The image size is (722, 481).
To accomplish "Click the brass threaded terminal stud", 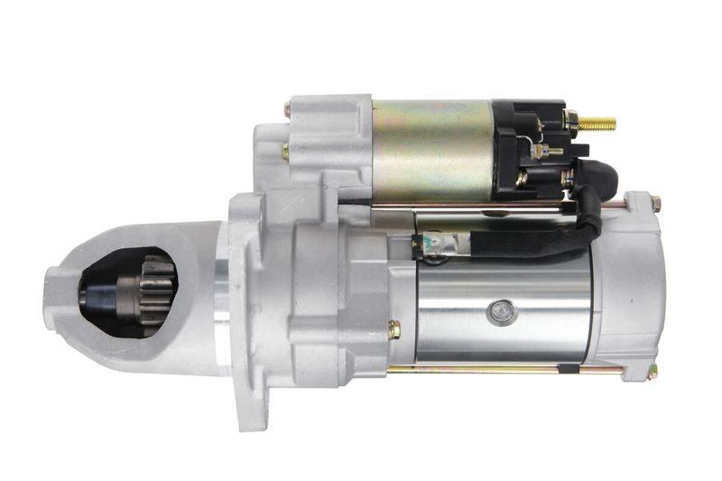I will click(x=597, y=124).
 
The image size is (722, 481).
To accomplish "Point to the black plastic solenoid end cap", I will click(x=528, y=149).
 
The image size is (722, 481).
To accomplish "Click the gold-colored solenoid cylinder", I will click(x=431, y=150).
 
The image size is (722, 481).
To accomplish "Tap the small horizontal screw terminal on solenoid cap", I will click(x=547, y=152).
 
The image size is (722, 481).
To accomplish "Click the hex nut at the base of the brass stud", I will click(x=571, y=119).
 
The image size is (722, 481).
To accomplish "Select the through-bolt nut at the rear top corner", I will click(x=655, y=204).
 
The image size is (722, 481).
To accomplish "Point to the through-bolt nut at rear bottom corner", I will click(x=651, y=371).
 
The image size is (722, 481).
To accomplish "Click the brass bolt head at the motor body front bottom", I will click(x=394, y=330).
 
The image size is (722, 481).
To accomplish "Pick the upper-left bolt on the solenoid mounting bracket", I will click(x=287, y=109).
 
